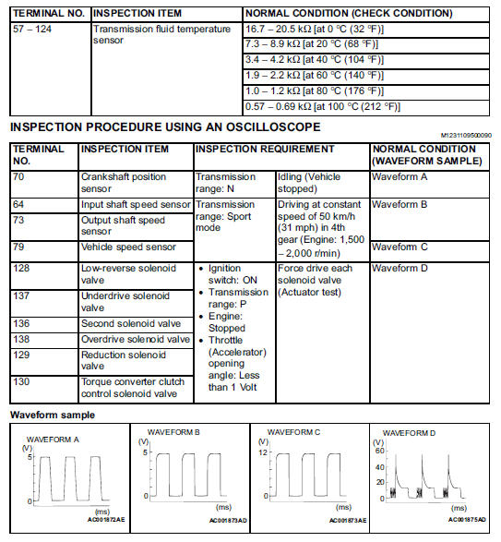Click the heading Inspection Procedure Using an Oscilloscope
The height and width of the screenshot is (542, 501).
165,126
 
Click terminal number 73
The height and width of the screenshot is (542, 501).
18,220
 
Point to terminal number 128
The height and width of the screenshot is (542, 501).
21,268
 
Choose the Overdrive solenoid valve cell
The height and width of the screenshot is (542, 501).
136,340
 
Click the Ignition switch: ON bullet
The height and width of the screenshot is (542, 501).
233,274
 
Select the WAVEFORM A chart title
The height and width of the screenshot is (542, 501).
53,440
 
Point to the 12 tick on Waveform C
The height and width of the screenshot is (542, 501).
263,452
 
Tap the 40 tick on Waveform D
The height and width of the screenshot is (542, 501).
380,467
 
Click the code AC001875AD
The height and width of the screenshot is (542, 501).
467,520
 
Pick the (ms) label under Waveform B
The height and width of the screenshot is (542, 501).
223,507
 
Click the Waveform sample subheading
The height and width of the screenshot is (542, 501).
53,415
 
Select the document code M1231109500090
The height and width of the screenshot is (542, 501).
466,135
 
